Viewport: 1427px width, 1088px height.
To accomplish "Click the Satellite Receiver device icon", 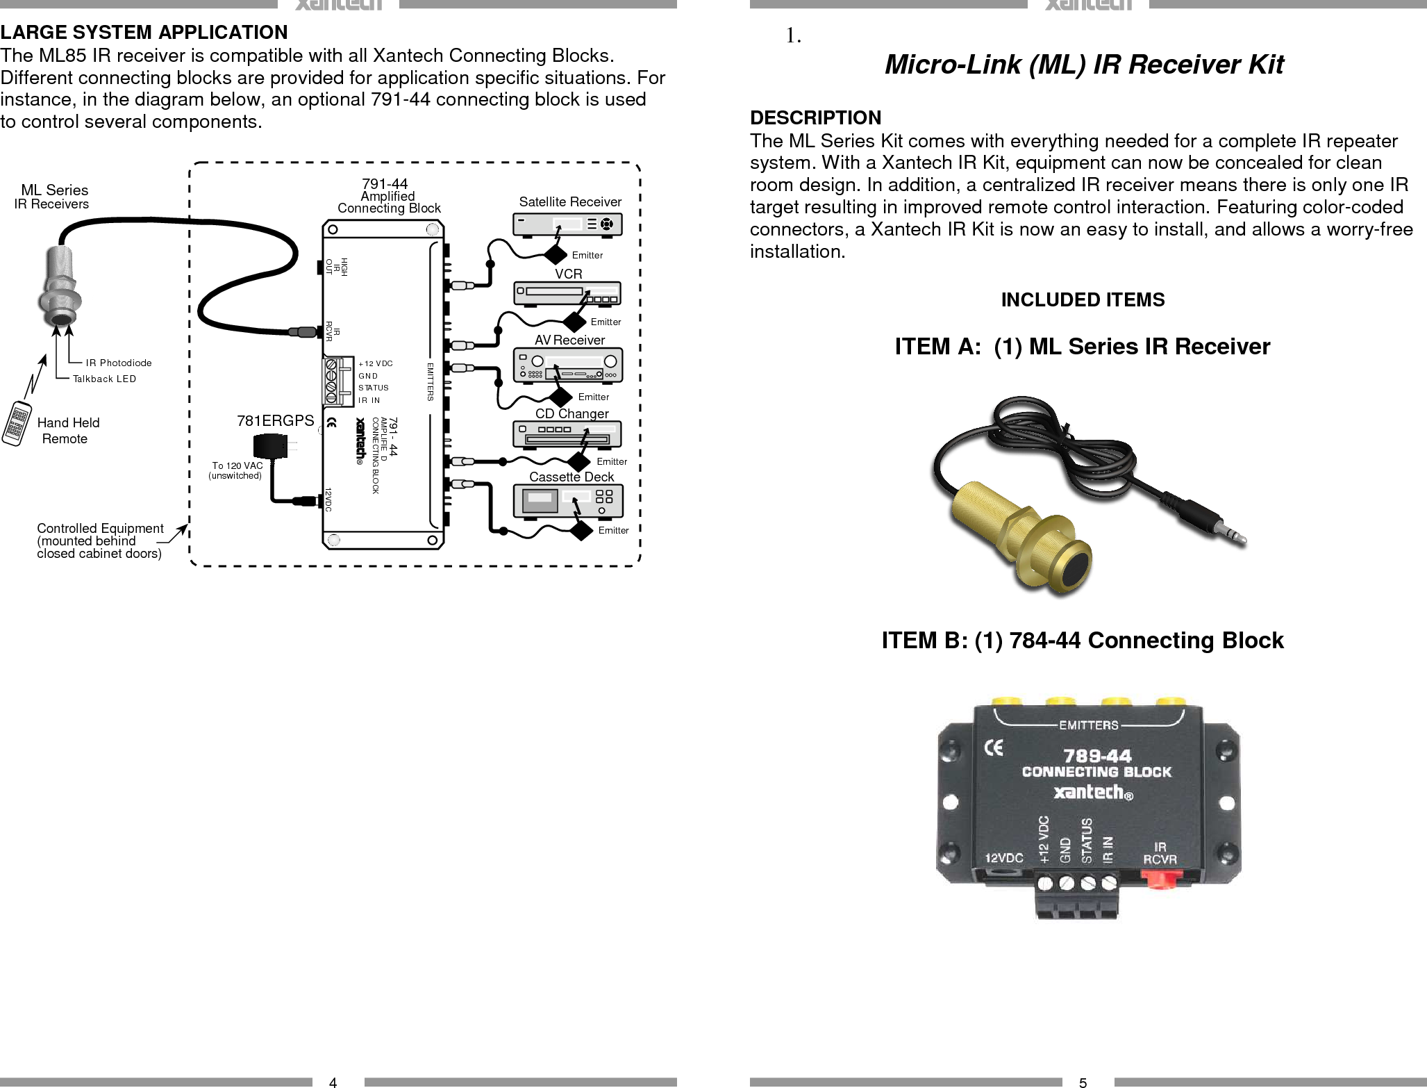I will click(567, 224).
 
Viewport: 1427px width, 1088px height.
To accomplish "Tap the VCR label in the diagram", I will click(568, 274).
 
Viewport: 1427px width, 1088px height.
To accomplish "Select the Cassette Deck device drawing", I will click(568, 501).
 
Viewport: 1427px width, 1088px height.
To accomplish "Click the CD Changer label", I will click(571, 413).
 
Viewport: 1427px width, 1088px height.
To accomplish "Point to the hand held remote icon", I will click(17, 423).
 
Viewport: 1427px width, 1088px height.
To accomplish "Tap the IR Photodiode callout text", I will click(118, 363).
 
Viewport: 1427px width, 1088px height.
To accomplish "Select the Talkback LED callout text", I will click(104, 379).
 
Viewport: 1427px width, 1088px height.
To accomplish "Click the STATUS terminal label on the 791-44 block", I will click(373, 388).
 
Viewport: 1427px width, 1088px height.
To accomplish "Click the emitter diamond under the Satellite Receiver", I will click(556, 255).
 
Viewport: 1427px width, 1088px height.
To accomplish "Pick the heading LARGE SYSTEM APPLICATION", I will click(144, 32).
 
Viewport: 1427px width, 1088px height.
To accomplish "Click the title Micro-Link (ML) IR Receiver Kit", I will click(1083, 64).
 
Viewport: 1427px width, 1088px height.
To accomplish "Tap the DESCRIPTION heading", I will click(815, 117).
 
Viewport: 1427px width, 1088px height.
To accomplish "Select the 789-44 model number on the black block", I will click(1097, 755).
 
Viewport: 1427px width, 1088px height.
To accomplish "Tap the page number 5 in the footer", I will click(1083, 1082).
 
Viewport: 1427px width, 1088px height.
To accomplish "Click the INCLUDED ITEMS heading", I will click(1083, 299).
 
